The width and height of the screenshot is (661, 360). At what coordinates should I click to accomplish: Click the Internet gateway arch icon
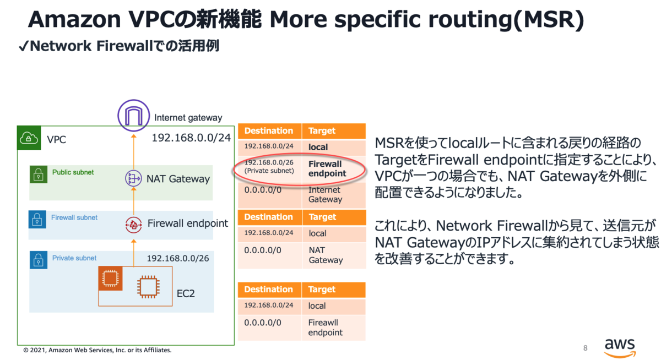click(134, 115)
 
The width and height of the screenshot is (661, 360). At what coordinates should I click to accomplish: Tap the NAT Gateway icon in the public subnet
click(133, 178)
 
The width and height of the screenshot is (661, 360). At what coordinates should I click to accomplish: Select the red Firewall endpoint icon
click(133, 225)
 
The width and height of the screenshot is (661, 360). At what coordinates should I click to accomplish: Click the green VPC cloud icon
click(29, 138)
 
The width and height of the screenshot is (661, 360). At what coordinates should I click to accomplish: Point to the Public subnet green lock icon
click(39, 174)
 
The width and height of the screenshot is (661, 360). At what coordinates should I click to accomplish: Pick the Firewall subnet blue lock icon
click(37, 220)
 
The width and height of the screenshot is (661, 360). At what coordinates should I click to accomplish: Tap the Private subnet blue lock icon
click(39, 260)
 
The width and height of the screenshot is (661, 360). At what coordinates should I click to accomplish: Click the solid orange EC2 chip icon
click(110, 278)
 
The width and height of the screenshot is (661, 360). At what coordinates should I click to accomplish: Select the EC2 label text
click(186, 293)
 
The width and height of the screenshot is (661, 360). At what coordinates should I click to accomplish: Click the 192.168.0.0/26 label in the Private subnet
click(178, 258)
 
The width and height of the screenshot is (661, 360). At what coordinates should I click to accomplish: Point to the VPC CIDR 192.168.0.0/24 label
click(191, 138)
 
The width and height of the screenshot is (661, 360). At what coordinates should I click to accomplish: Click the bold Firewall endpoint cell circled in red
click(327, 168)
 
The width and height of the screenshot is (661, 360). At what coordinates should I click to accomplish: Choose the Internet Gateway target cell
click(325, 195)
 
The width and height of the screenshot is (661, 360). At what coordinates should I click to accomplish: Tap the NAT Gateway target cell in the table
click(326, 255)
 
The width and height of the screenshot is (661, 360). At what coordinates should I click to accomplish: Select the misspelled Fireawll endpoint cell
click(325, 328)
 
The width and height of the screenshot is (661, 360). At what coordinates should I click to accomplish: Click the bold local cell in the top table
click(318, 147)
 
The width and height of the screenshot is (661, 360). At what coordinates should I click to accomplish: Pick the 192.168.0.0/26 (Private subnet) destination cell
click(269, 167)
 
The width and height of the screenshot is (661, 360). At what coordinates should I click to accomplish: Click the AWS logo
click(620, 348)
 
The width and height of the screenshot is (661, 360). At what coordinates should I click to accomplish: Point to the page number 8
click(586, 348)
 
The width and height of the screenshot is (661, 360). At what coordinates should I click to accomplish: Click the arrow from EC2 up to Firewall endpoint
click(134, 253)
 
